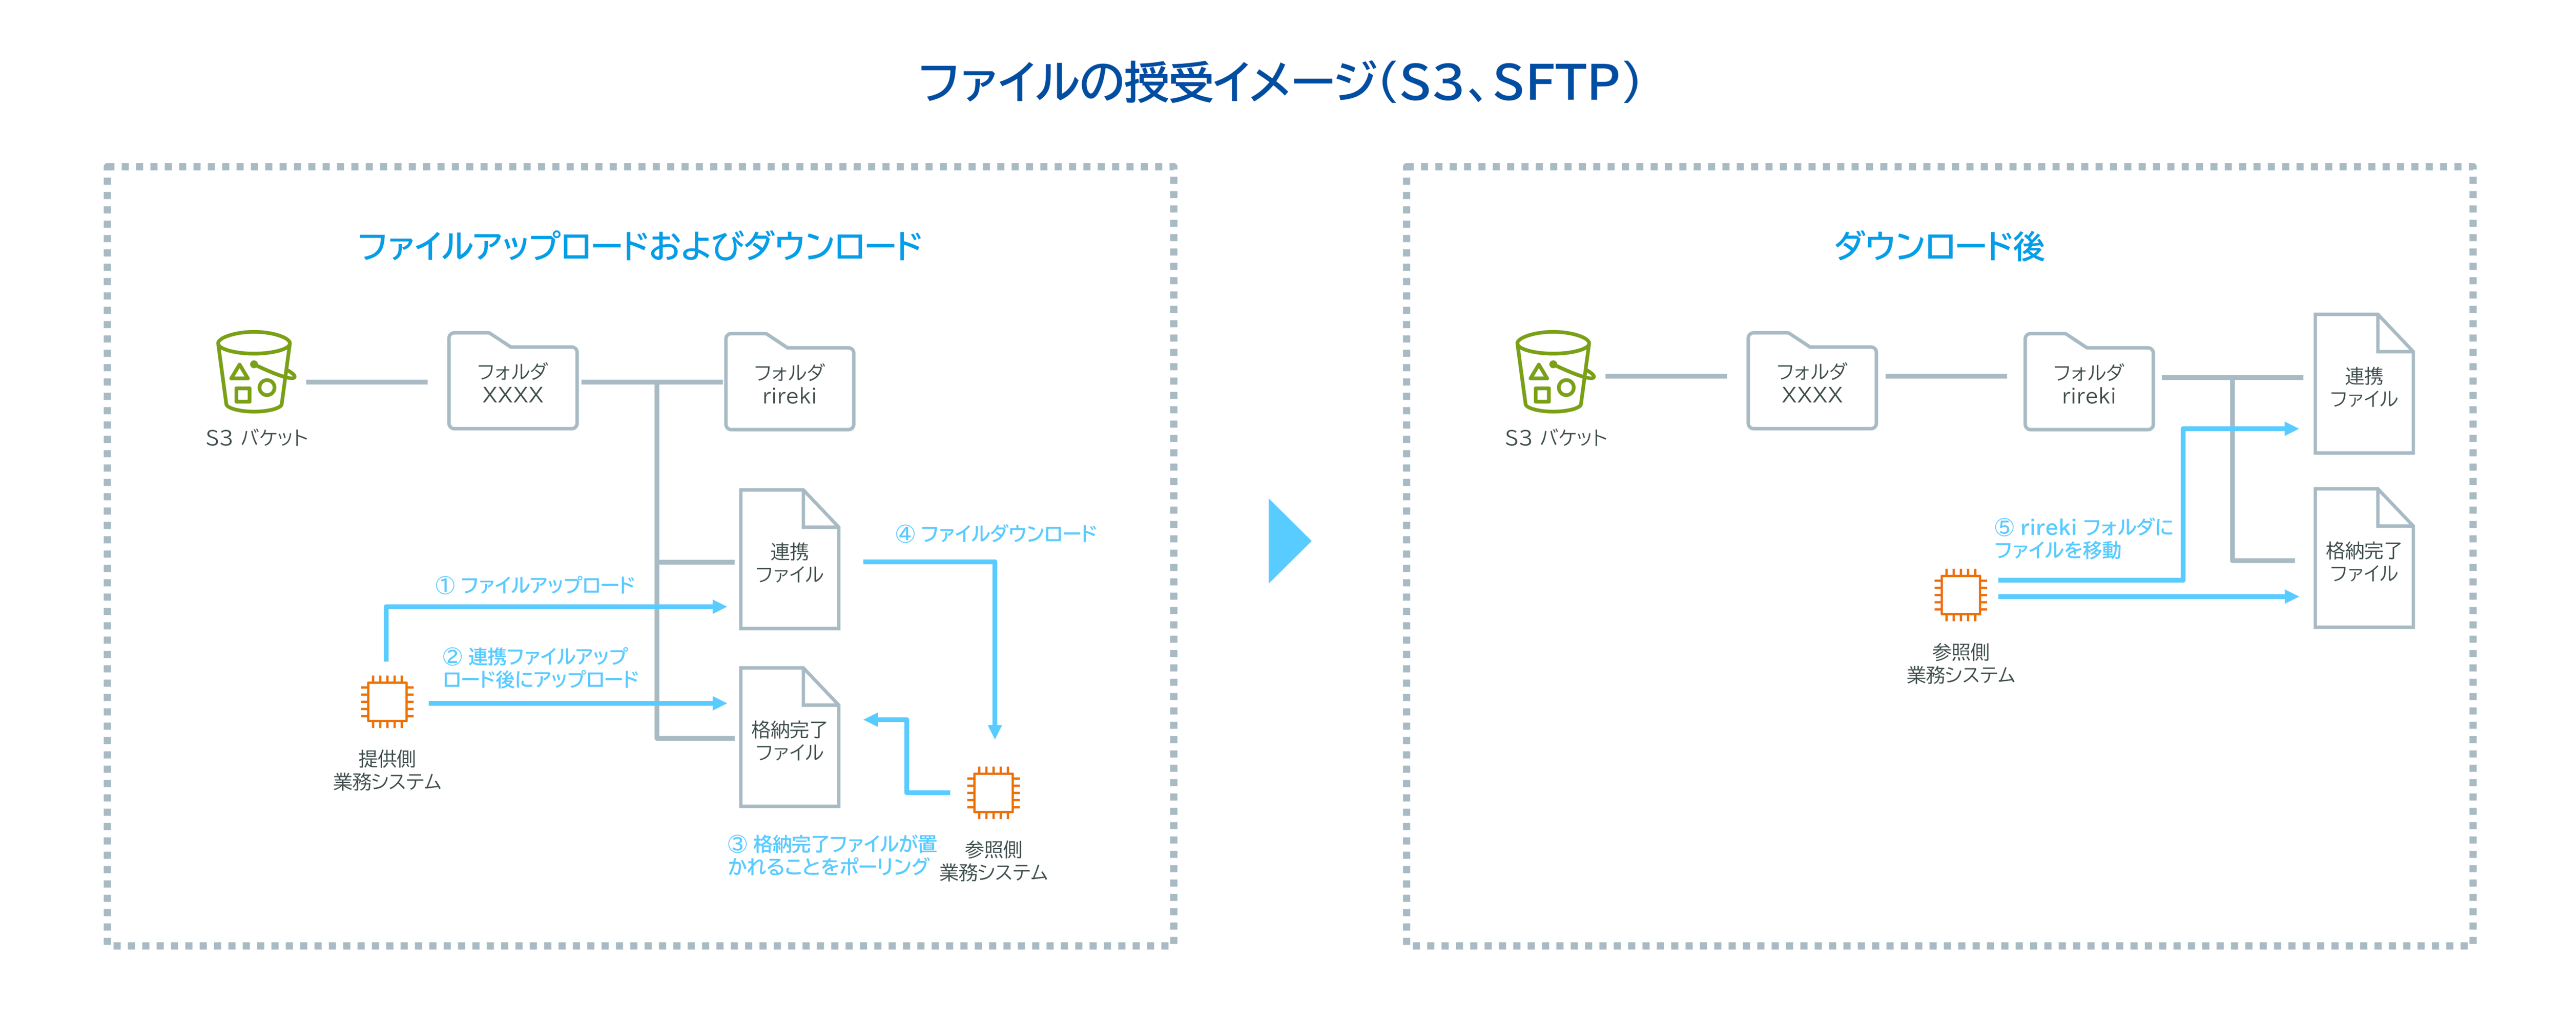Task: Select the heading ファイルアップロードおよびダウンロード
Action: pyautogui.click(x=639, y=246)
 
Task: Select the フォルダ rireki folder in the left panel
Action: pyautogui.click(x=790, y=384)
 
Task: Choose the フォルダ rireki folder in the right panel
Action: pyautogui.click(x=2089, y=384)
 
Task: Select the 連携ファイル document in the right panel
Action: pyautogui.click(x=2363, y=385)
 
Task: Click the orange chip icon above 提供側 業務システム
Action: pyautogui.click(x=387, y=702)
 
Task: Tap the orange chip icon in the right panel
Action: pyautogui.click(x=1960, y=594)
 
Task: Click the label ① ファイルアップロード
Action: pyautogui.click(x=535, y=585)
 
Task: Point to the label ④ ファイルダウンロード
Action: pyautogui.click(x=996, y=534)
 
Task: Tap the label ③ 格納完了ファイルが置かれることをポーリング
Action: pyautogui.click(x=832, y=855)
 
